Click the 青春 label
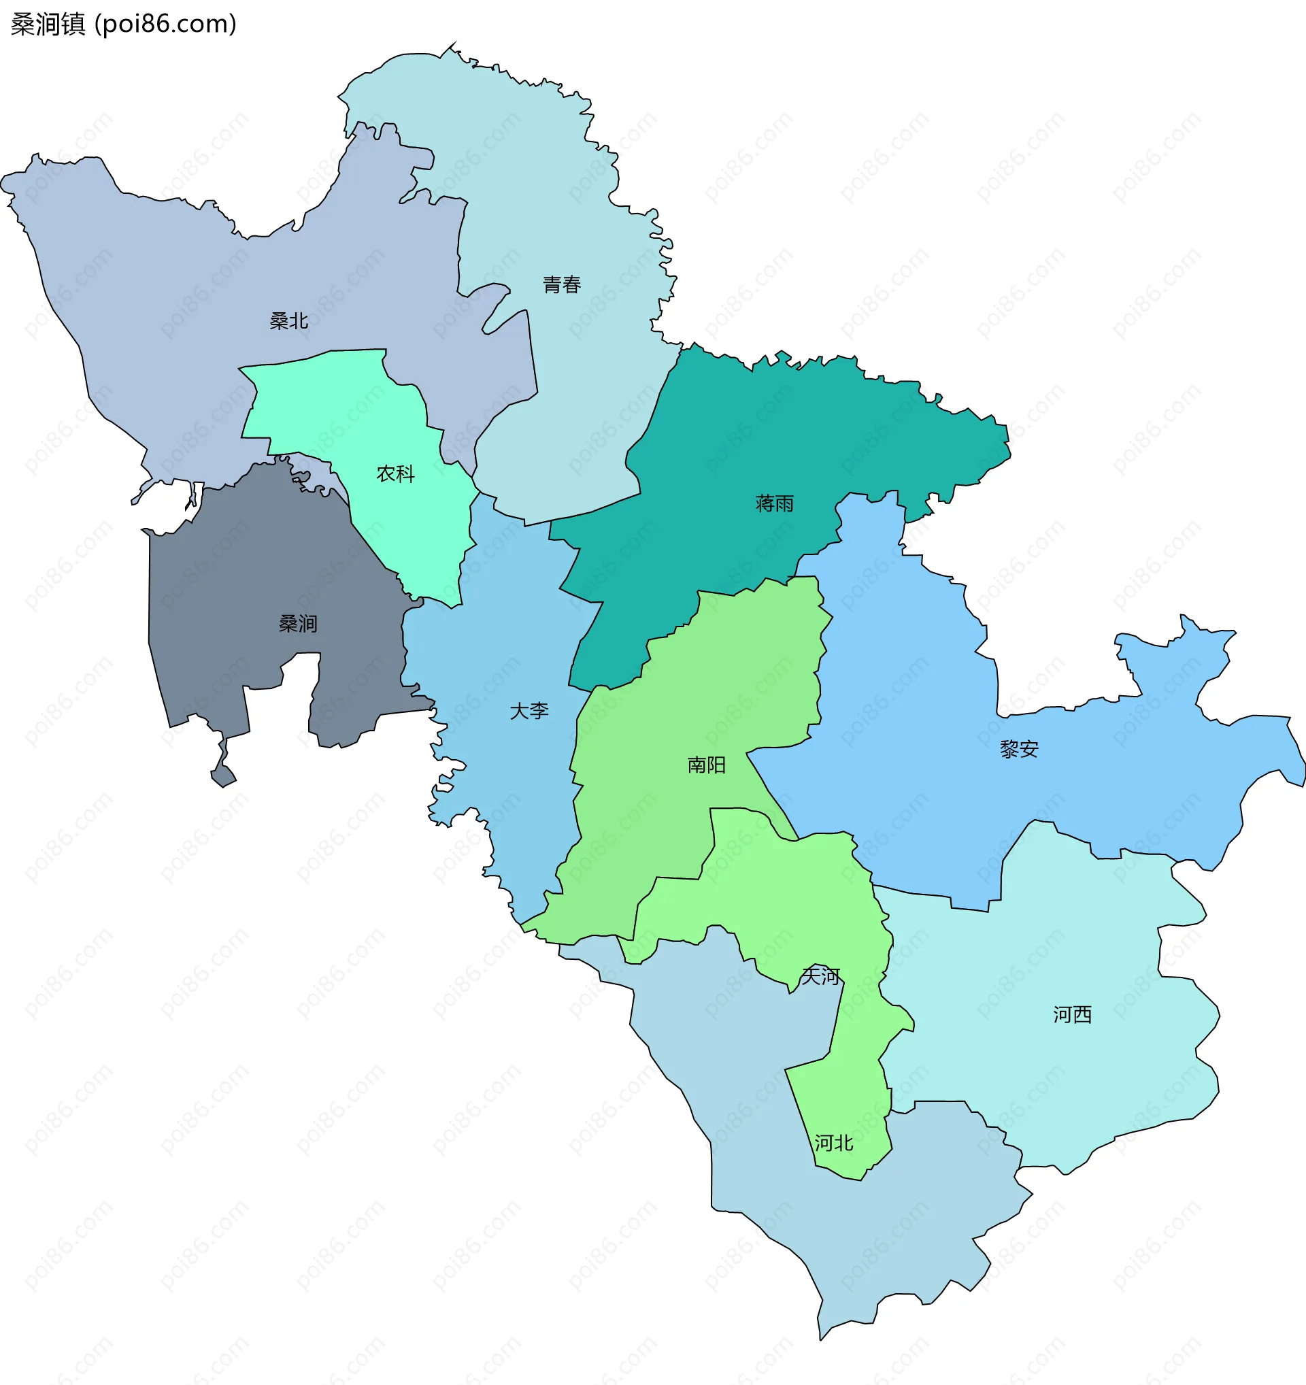[x=561, y=284]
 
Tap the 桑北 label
[x=288, y=321]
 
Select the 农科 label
[x=395, y=473]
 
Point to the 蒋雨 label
[x=775, y=503]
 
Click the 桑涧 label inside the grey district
[x=298, y=624]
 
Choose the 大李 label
[x=529, y=712]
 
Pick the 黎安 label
[x=1019, y=750]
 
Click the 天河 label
[x=820, y=976]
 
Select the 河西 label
[x=1072, y=1014]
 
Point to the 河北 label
[x=834, y=1144]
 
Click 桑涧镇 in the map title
[x=48, y=24]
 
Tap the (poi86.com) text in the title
[x=166, y=24]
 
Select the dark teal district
[x=731, y=446]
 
